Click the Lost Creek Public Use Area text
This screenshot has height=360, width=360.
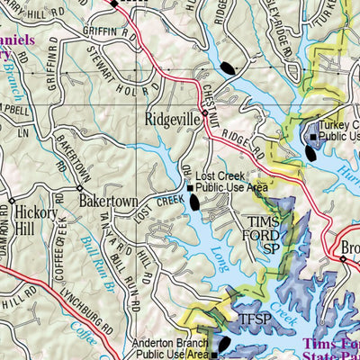[x=231, y=183]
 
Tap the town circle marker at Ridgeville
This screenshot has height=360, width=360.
[x=205, y=115]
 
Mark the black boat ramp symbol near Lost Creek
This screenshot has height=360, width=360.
[x=195, y=205]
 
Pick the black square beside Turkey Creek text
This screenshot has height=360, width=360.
[x=312, y=137]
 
